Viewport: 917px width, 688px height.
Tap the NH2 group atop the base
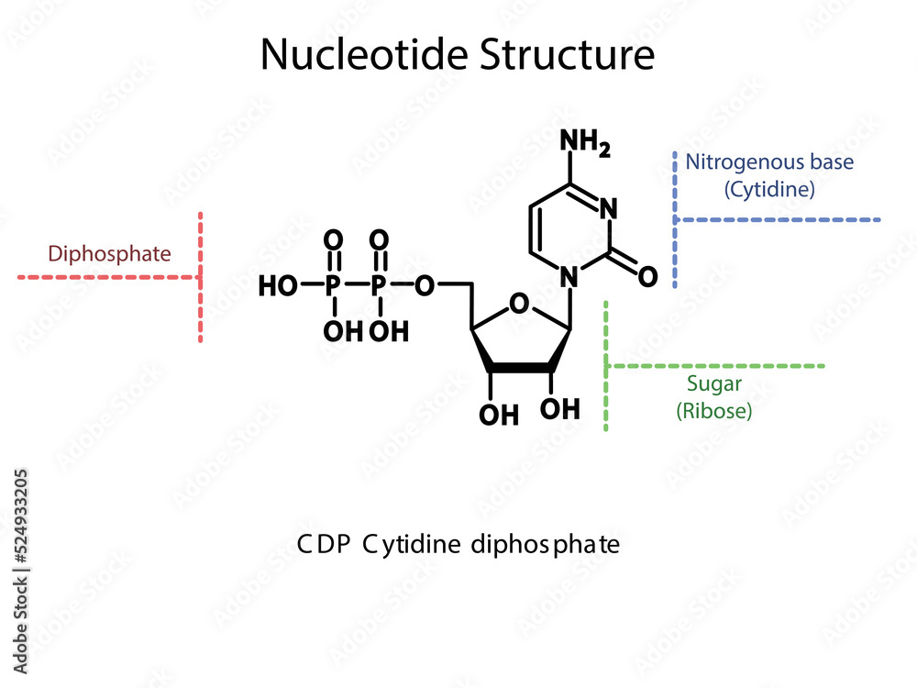tap(584, 143)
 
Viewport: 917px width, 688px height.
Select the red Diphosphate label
tap(109, 254)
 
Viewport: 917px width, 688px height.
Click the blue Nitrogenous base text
tap(769, 163)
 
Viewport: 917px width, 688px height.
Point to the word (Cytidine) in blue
tap(769, 190)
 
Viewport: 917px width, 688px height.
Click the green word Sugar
tap(714, 383)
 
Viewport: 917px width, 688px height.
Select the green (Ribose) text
tap(714, 410)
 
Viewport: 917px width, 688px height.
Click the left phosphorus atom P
tap(334, 286)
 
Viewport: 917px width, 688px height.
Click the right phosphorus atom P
tap(379, 286)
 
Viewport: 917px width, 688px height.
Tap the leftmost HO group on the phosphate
tap(277, 286)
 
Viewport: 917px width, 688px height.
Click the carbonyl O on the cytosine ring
tap(647, 275)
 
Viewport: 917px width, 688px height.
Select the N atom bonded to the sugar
tap(569, 275)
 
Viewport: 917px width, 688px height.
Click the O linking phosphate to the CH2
tap(424, 286)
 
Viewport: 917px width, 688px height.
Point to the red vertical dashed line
tap(201, 275)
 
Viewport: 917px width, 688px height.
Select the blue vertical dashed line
tap(676, 220)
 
